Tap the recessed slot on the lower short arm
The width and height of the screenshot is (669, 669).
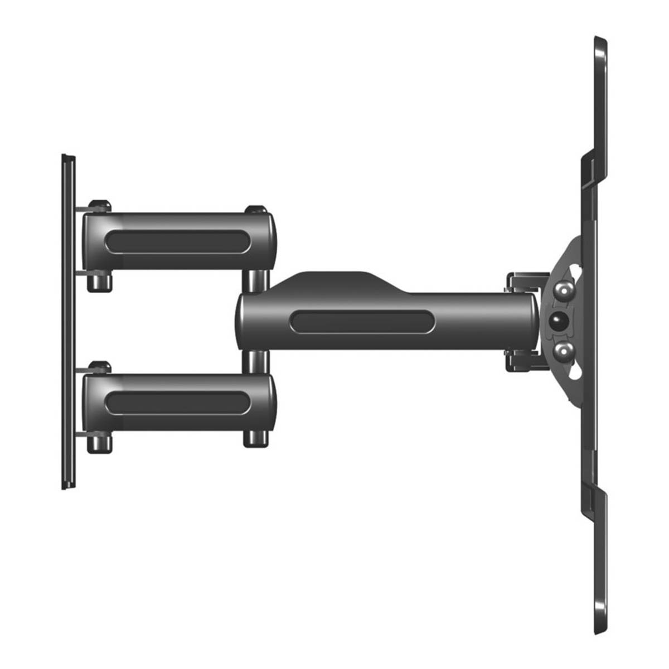177,401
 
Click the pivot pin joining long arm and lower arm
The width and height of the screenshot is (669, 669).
256,362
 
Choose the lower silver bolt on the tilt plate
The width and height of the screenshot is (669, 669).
564,351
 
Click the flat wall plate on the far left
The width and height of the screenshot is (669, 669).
68,321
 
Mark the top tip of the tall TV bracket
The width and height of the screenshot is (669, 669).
600,40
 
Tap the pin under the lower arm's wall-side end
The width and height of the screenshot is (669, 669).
100,440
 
